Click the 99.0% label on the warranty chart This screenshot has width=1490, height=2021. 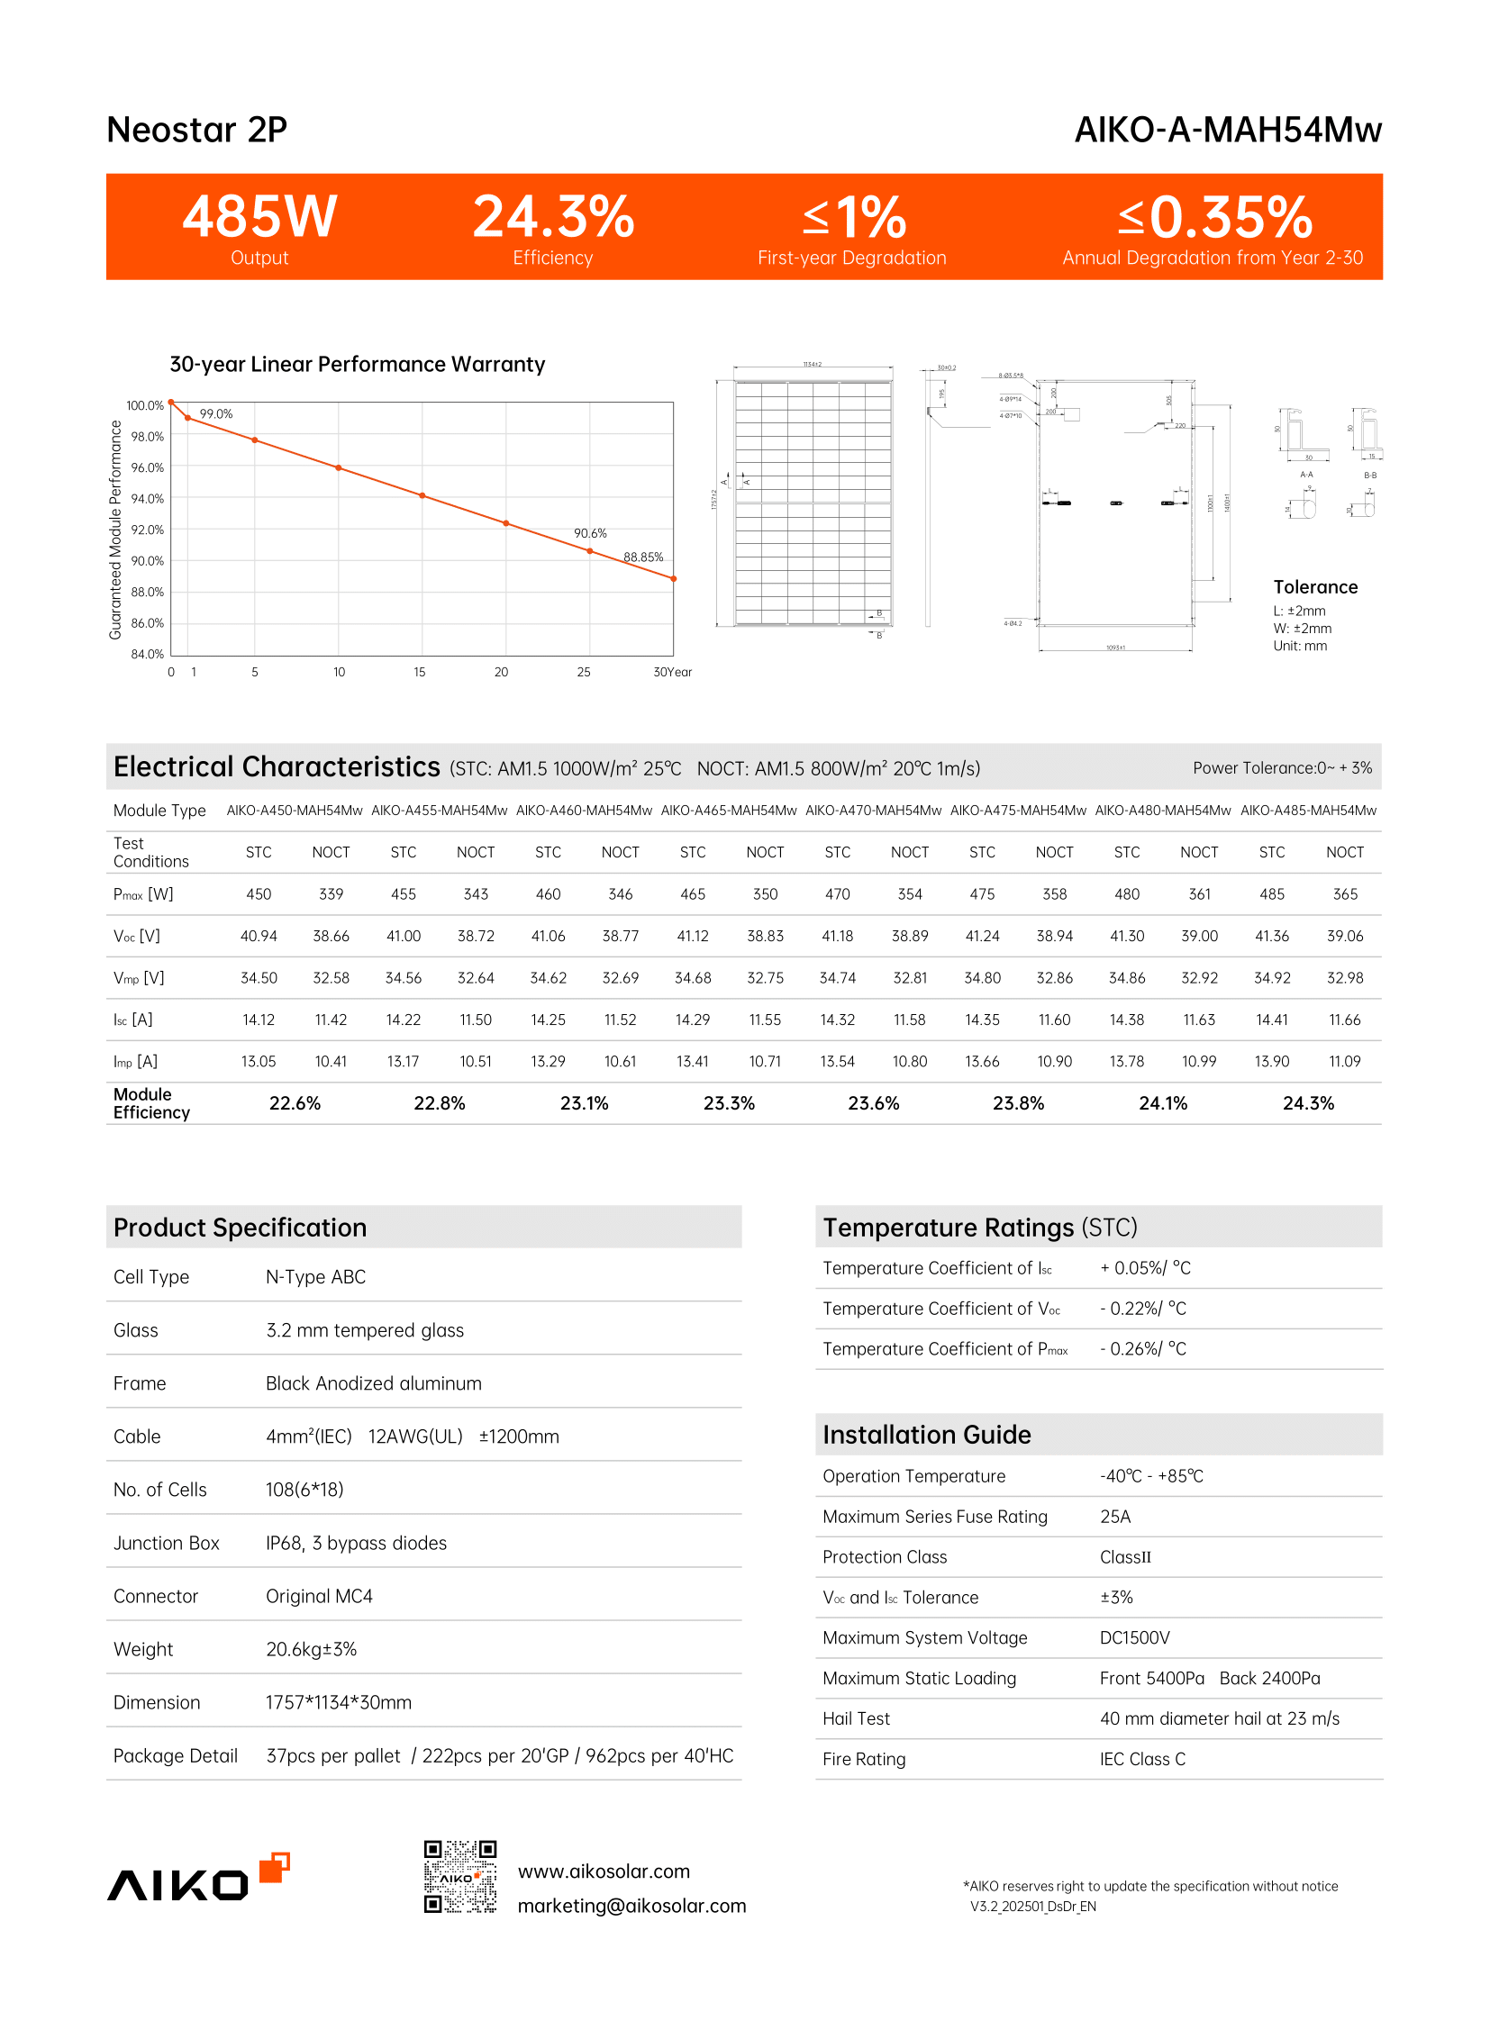(x=215, y=414)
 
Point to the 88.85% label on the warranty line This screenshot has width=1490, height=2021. (x=643, y=557)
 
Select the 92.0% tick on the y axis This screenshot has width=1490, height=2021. (x=147, y=530)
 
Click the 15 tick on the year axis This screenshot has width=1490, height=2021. (x=420, y=672)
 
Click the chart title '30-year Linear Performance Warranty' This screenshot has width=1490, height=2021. (x=357, y=365)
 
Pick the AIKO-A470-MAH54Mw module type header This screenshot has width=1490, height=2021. (x=873, y=810)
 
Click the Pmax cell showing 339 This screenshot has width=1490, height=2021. (x=331, y=893)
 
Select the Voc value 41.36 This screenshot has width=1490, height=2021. (x=1272, y=936)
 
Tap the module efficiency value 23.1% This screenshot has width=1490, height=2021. (x=585, y=1103)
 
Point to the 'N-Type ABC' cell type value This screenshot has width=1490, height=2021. (x=315, y=1277)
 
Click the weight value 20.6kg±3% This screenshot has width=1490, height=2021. (x=311, y=1649)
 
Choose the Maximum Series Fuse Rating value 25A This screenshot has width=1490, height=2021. (x=1114, y=1517)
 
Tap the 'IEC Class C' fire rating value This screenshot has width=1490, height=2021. (x=1142, y=1759)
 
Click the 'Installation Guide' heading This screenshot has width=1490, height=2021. (x=926, y=1435)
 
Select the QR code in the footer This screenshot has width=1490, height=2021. (x=460, y=1877)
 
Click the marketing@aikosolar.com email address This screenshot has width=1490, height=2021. (x=631, y=1906)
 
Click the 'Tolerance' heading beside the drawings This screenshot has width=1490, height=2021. (x=1315, y=587)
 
